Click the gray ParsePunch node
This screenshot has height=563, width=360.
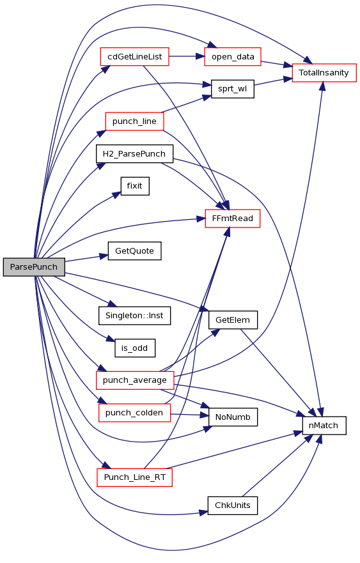tap(34, 266)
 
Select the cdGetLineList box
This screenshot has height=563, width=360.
tap(134, 57)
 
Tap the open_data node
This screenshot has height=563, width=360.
tap(233, 57)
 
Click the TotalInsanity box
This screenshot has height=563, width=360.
tap(324, 73)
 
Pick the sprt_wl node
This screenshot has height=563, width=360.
tap(233, 89)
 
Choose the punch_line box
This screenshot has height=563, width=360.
tap(134, 121)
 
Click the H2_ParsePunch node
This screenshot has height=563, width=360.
tap(134, 153)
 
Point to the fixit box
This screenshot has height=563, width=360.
tap(135, 186)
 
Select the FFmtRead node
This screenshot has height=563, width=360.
tap(233, 219)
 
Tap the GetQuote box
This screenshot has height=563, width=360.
tap(134, 251)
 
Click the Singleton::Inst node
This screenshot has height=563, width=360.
tap(134, 316)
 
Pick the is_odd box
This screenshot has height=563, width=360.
tap(135, 348)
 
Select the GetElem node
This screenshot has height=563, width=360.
tap(233, 320)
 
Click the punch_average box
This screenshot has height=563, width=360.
tap(135, 380)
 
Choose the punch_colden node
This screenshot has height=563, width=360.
tap(134, 413)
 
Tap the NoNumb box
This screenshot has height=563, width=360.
tap(233, 417)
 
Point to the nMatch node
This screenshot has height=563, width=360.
tap(324, 426)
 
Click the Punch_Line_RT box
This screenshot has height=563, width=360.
tap(134, 477)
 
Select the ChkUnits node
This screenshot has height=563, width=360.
tap(233, 505)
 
